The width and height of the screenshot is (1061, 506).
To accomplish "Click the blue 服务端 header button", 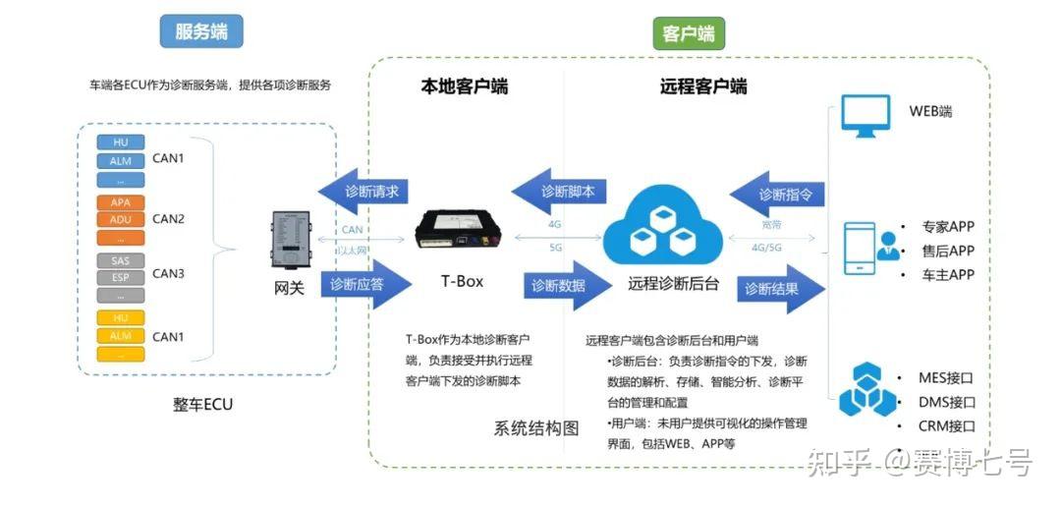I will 201,31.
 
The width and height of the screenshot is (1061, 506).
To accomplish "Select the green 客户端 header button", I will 688,34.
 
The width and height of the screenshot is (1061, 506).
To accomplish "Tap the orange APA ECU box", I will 121,202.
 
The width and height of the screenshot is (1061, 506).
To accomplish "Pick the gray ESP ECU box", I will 121,278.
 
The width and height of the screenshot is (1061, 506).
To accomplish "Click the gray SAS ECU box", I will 121,260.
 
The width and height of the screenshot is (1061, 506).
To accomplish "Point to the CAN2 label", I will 168,218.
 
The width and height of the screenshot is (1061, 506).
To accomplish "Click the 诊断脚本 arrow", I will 559,191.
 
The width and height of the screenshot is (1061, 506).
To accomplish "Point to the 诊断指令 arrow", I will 779,194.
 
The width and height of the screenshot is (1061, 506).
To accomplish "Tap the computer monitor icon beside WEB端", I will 866,116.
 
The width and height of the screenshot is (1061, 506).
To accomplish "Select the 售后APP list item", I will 947,251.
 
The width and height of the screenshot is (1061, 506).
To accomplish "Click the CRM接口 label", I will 946,426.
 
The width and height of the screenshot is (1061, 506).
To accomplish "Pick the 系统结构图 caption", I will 536,428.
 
